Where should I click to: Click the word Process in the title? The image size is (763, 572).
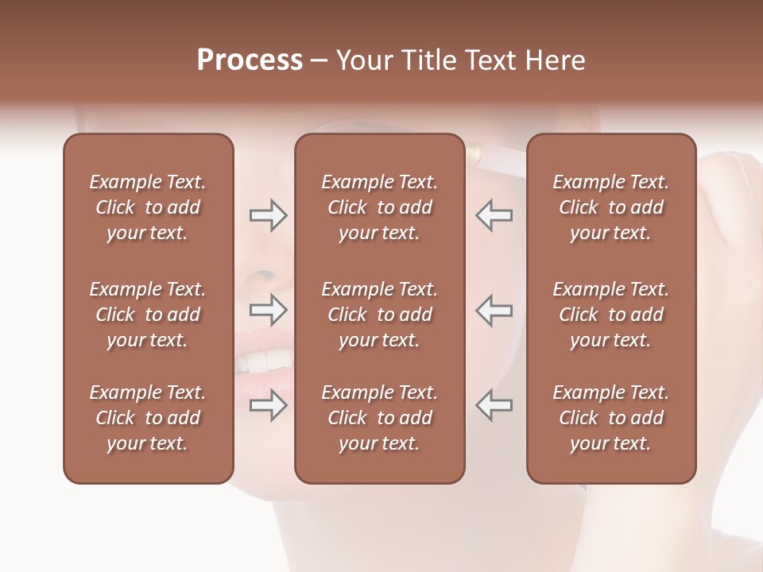(250, 60)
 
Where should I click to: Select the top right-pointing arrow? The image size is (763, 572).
(269, 215)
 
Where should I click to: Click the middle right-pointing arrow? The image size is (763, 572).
(269, 309)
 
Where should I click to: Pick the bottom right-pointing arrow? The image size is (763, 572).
(269, 404)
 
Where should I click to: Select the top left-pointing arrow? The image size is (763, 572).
(494, 215)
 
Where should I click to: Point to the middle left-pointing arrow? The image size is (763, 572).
(494, 309)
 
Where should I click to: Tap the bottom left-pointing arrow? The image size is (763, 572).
(494, 404)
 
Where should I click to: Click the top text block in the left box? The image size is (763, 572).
(148, 207)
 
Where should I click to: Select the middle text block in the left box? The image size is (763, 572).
(148, 315)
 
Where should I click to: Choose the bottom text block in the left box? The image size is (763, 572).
(148, 418)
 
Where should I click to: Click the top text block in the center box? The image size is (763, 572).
(379, 207)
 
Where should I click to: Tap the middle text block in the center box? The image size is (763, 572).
(379, 315)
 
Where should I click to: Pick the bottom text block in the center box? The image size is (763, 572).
(379, 418)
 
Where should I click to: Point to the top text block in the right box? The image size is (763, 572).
(610, 207)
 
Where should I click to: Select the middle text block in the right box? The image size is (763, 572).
(610, 315)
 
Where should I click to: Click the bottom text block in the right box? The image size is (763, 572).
(610, 418)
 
